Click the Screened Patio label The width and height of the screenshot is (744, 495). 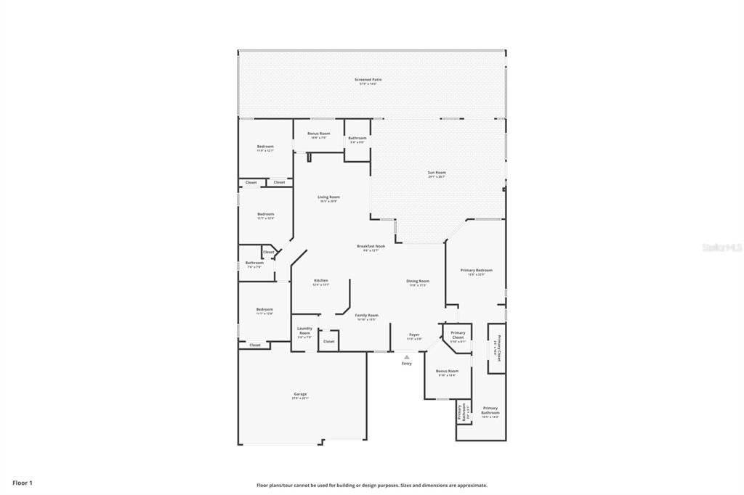click(x=368, y=80)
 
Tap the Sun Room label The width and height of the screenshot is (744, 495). click(x=437, y=173)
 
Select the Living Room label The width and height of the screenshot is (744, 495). click(x=328, y=197)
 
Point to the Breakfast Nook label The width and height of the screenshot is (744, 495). click(x=371, y=247)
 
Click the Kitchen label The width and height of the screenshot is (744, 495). click(x=321, y=281)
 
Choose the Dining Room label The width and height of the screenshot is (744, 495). click(x=417, y=282)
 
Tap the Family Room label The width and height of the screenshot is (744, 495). click(x=366, y=316)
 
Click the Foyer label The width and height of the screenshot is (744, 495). click(x=414, y=335)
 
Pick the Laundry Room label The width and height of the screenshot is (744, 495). click(x=304, y=330)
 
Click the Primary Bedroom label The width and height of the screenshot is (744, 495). click(x=477, y=271)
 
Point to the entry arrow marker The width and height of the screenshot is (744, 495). click(x=407, y=356)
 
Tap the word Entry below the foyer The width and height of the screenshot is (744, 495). click(x=407, y=364)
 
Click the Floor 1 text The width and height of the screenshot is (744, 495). click(x=23, y=483)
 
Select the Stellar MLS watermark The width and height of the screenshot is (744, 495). click(x=721, y=247)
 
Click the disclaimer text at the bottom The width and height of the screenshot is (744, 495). click(x=371, y=486)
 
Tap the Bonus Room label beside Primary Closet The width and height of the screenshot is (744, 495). click(x=447, y=372)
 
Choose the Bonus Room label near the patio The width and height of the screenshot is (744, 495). click(x=318, y=134)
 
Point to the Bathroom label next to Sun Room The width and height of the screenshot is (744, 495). click(x=357, y=138)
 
